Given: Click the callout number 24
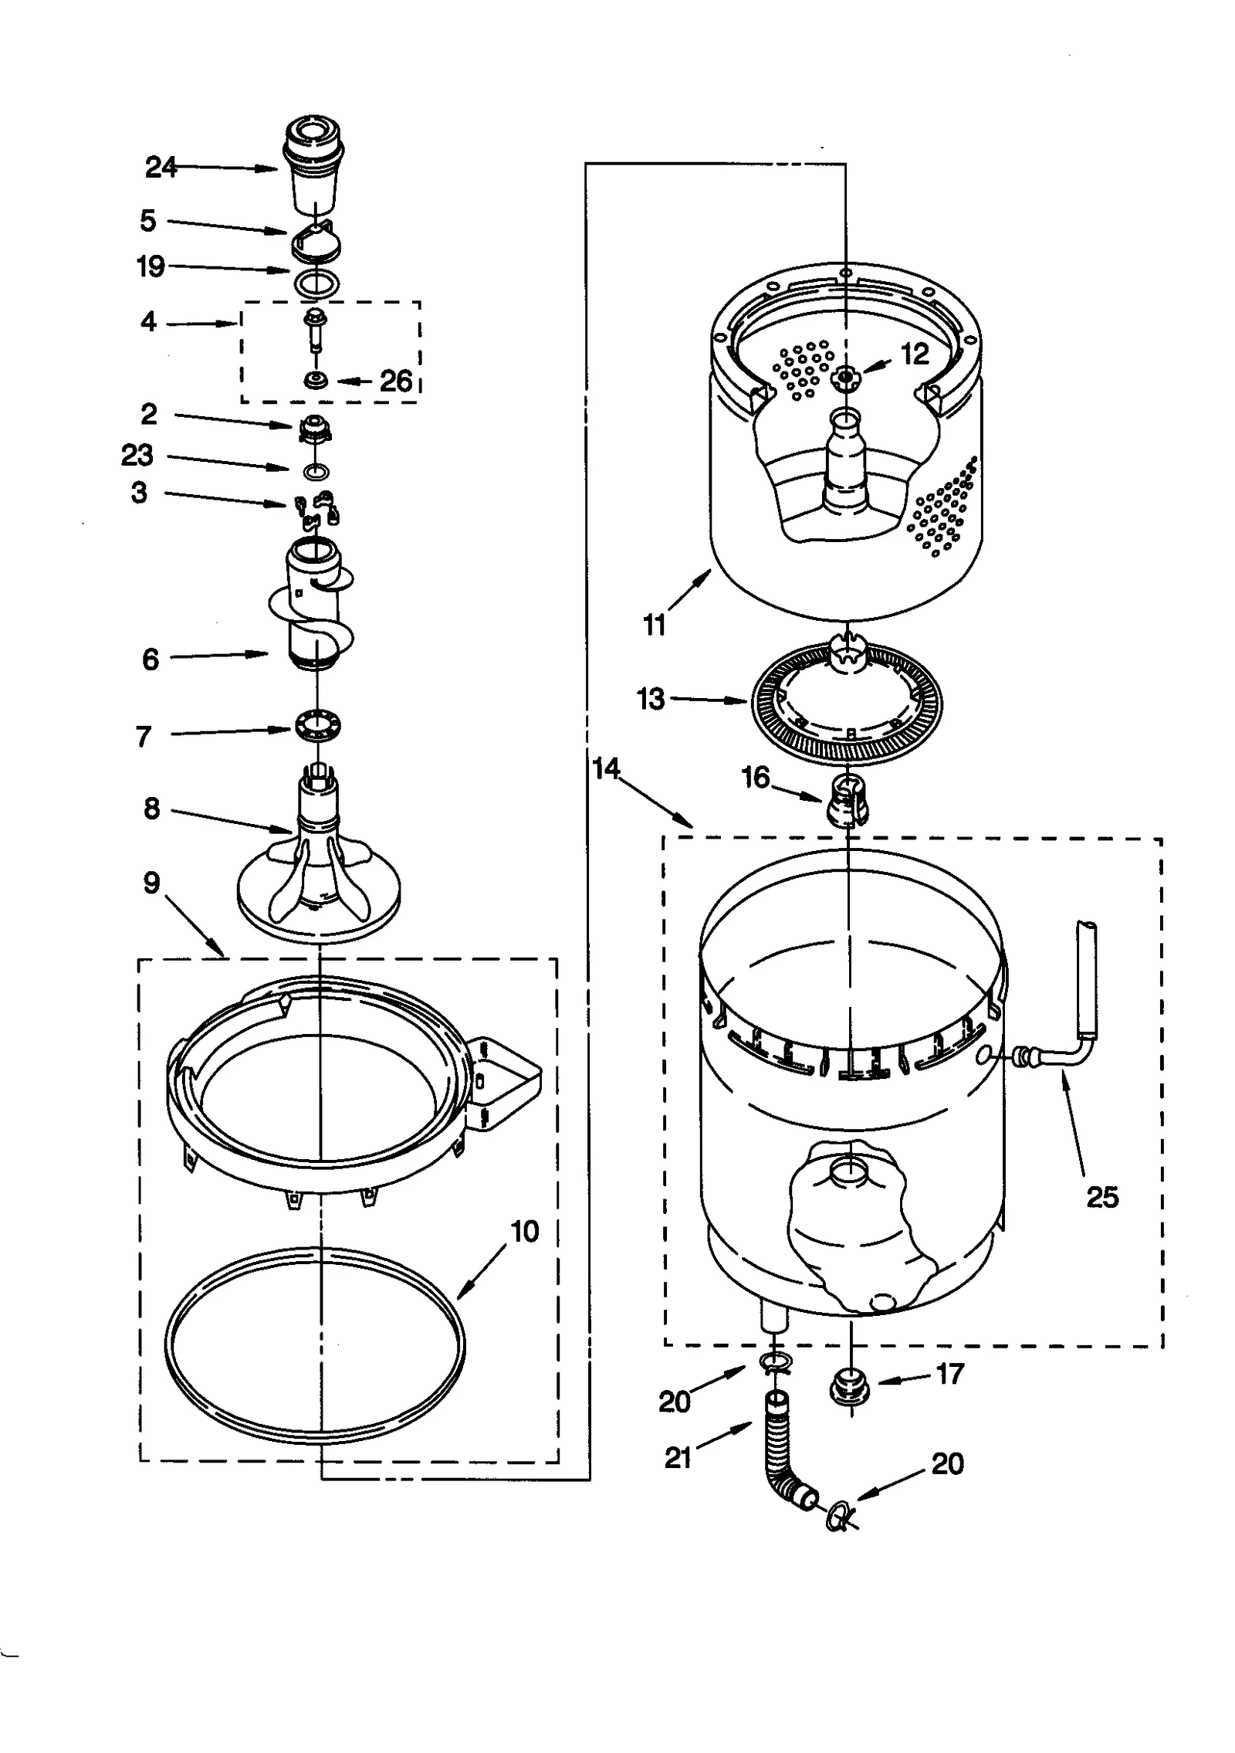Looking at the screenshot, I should tap(161, 168).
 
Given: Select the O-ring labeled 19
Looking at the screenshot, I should tap(316, 283).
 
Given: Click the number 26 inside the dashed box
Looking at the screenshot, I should tap(396, 381).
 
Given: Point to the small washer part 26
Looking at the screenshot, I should tap(316, 380).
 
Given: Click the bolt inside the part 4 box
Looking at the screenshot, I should tap(315, 327).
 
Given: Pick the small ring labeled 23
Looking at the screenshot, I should tap(317, 470).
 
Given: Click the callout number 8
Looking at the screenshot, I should tap(152, 809).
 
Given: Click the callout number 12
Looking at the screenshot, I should tap(915, 354).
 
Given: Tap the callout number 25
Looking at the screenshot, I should tap(1101, 1198).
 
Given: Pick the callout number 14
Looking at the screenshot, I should tap(607, 768).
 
